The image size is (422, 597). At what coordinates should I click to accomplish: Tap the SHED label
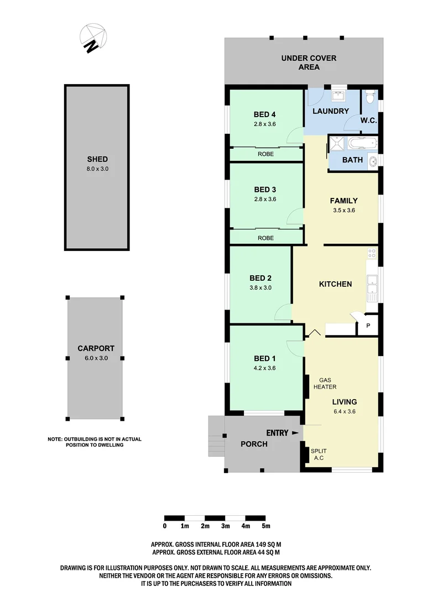(97, 159)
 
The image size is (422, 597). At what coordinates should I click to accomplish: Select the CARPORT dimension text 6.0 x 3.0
(96, 358)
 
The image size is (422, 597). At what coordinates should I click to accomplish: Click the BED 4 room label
(265, 114)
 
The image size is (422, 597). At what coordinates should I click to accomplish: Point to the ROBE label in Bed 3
(266, 238)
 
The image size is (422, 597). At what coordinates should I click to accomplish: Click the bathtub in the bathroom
(362, 144)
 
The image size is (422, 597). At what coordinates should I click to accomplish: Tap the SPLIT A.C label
(319, 454)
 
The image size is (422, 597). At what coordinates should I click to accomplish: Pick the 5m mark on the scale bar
(266, 526)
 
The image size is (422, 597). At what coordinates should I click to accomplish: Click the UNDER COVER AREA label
(309, 62)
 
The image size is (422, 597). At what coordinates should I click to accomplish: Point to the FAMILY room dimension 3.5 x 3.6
(344, 210)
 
